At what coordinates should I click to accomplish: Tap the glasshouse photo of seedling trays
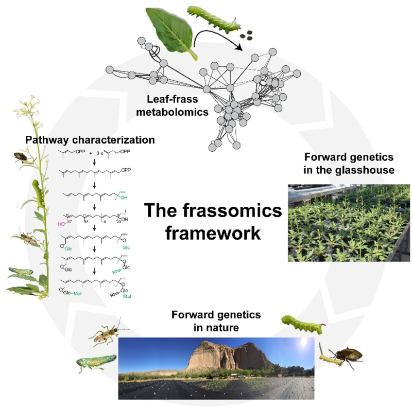[x=349, y=222]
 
